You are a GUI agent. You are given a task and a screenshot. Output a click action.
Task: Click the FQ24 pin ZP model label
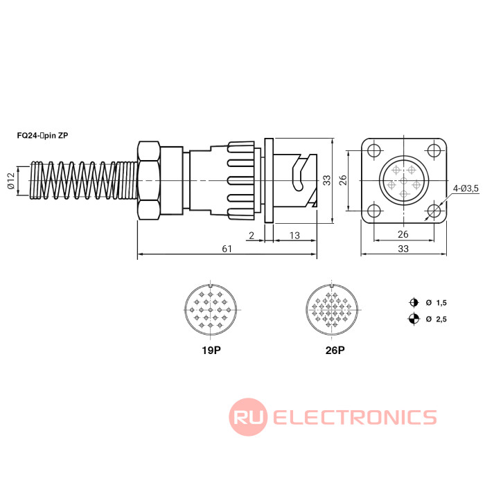tap(43, 136)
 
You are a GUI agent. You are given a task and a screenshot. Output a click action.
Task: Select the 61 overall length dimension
tap(227, 249)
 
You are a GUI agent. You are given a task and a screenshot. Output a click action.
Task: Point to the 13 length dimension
tap(294, 236)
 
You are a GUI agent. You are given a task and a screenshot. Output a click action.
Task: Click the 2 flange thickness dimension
tap(251, 236)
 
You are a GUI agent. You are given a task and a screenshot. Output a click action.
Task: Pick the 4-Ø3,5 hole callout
tap(466, 188)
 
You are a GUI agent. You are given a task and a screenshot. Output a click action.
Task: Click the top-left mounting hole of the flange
tap(374, 151)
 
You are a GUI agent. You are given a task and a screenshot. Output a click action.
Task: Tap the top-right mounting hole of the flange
tap(434, 151)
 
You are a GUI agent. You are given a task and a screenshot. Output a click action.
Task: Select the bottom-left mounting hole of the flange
tap(374, 211)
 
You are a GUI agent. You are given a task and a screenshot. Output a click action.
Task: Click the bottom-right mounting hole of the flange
tap(434, 211)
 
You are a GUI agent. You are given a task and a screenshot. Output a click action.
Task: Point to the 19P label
tap(211, 350)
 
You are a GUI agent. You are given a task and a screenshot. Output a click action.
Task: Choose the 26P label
tap(334, 350)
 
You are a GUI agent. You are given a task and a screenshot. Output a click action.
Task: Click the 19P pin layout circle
tap(211, 310)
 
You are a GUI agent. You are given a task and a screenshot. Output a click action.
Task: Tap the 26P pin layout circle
tap(334, 310)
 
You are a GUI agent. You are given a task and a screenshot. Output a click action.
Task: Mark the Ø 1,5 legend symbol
tap(414, 303)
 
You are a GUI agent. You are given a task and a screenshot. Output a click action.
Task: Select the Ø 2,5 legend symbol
tap(414, 319)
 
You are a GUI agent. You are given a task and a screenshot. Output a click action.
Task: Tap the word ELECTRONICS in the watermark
tap(355, 417)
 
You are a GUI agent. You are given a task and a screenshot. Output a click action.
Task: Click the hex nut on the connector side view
tap(150, 181)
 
